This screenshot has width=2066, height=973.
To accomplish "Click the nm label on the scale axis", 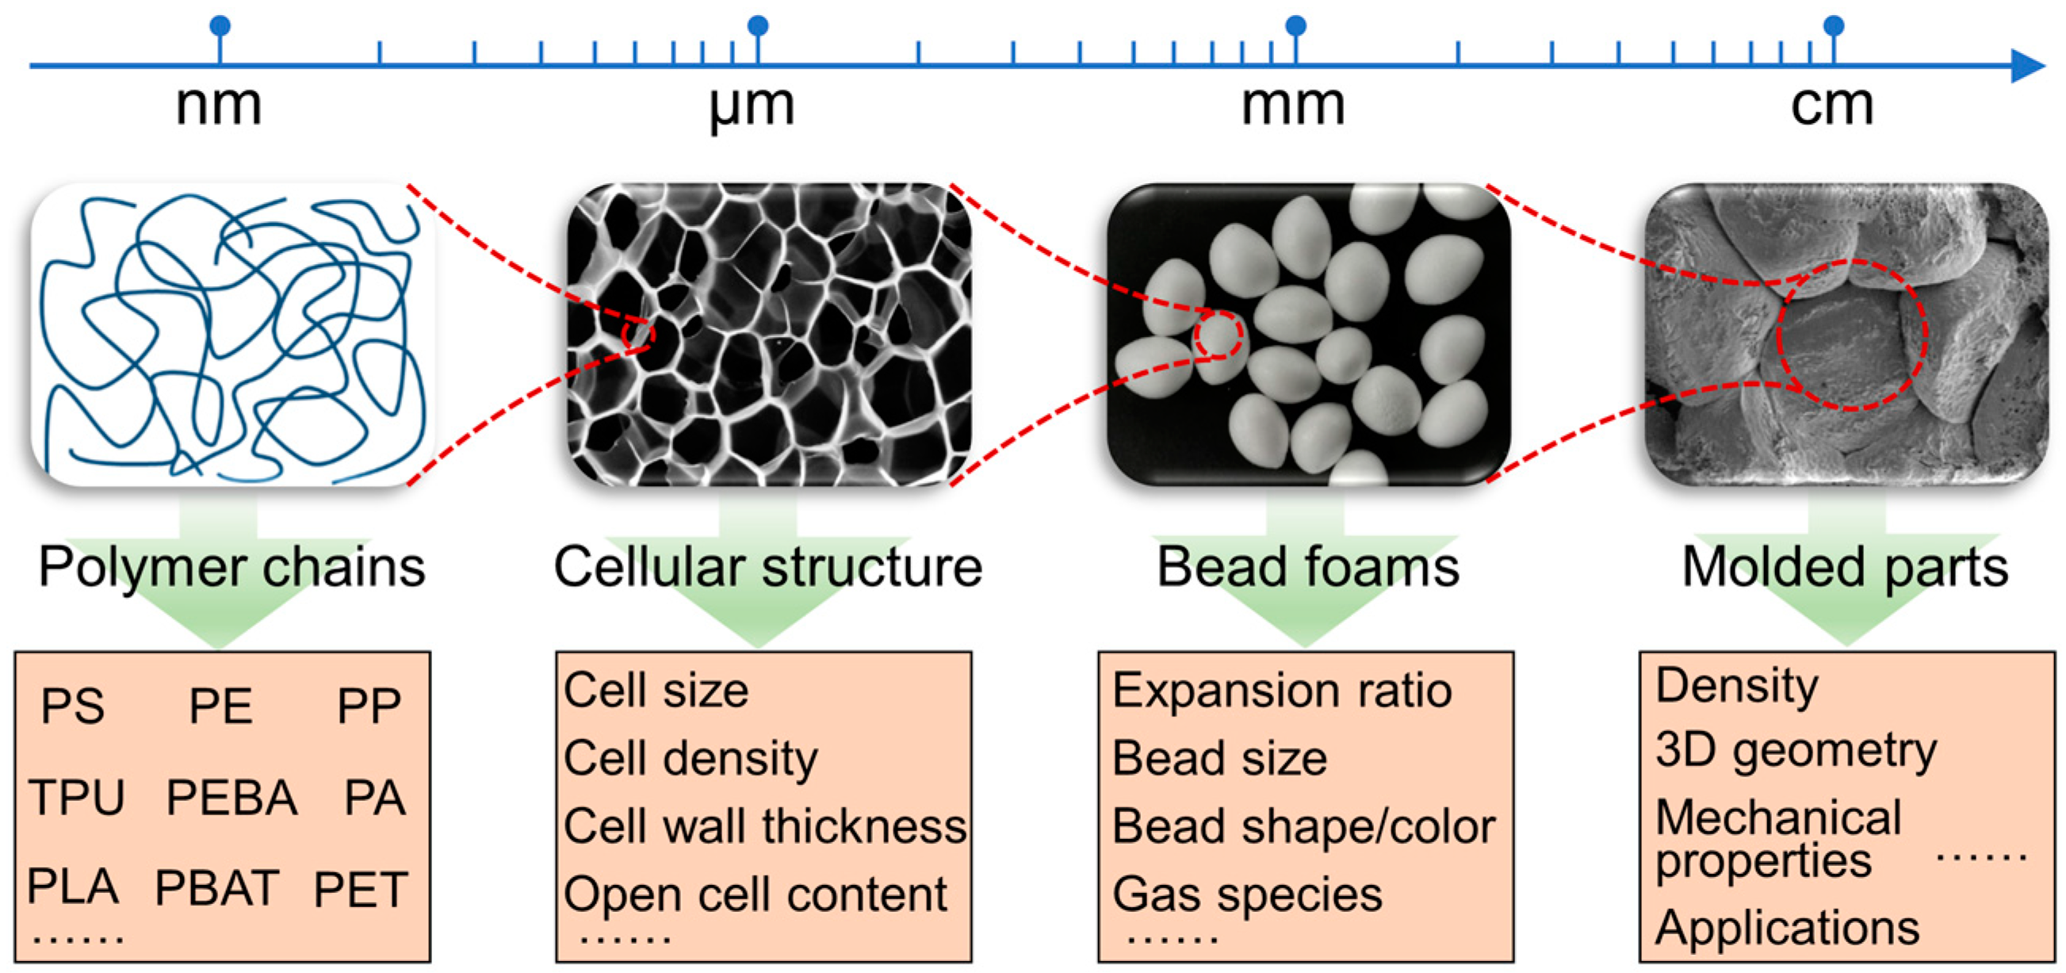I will (218, 106).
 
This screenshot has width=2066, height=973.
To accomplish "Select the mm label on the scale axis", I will (1293, 106).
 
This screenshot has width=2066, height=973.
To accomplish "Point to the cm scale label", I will (1832, 106).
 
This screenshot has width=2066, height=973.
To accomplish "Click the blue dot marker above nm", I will (220, 26).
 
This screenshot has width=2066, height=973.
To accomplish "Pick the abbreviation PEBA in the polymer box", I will (231, 797).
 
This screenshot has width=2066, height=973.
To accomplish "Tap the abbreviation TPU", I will (77, 797).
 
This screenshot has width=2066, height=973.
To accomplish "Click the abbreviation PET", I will (360, 889).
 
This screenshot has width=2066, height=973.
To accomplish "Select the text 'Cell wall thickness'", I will (764, 826).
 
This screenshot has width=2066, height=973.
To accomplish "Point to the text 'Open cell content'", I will (755, 894).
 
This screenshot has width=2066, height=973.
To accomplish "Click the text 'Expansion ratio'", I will (1281, 691).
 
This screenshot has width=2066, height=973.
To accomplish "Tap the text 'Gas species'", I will (1246, 894).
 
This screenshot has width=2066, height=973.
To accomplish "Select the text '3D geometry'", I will (1795, 752).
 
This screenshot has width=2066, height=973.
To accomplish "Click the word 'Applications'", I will (1787, 928).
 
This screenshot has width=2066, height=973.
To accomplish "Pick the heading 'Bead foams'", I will (1307, 567).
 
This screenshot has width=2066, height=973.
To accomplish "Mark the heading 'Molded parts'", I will (1845, 567).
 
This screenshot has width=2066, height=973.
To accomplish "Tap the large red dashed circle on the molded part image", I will (1851, 335).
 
